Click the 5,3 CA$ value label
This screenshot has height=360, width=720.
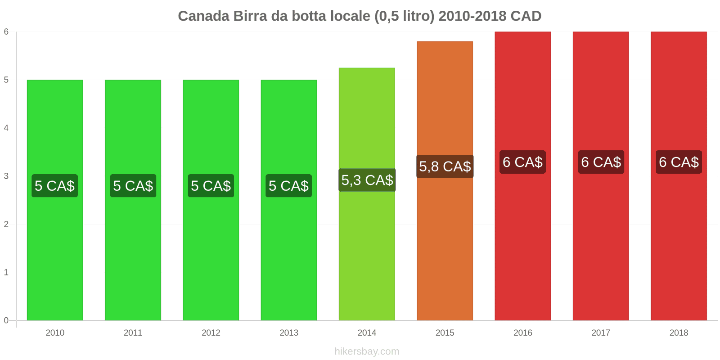[367, 180]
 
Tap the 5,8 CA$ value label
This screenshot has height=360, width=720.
[445, 166]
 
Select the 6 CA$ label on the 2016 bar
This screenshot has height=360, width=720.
[522, 162]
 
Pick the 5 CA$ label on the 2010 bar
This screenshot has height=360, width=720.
[55, 186]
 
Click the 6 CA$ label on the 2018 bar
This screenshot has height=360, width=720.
[679, 162]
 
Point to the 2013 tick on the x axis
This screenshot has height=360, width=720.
[289, 333]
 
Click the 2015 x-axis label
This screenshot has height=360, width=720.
[445, 333]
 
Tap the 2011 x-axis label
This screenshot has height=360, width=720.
[133, 333]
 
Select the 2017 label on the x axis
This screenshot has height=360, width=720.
[601, 333]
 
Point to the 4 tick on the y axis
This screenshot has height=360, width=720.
[6, 128]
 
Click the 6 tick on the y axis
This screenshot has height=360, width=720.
[6, 31]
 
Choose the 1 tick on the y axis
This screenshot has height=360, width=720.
[6, 272]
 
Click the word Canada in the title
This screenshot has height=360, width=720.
[203, 16]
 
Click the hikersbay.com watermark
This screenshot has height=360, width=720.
[367, 351]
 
